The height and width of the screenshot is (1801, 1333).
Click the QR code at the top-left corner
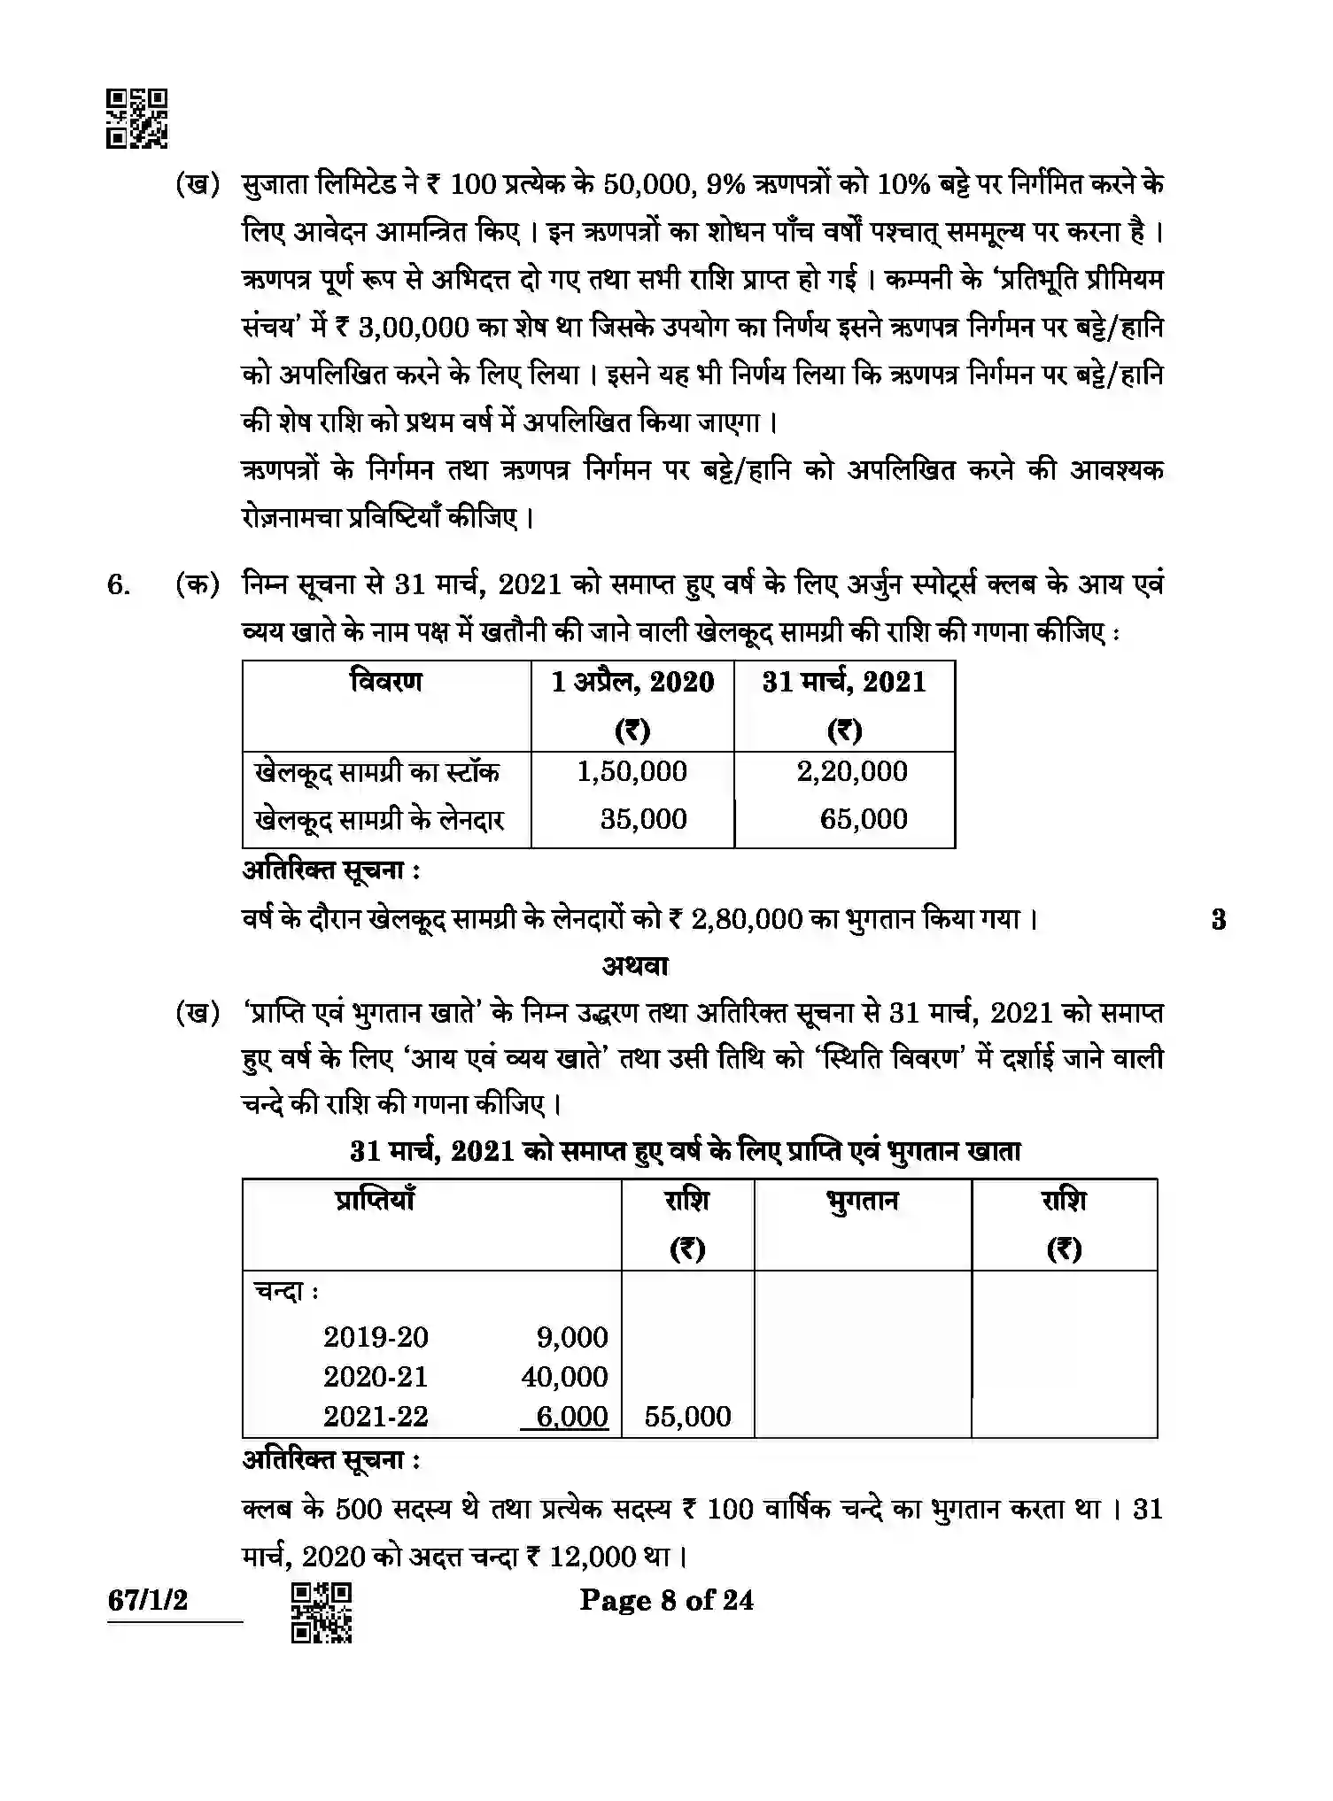coord(137,119)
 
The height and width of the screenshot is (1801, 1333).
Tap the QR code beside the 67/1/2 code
coord(322,1612)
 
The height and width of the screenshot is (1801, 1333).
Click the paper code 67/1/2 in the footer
coord(148,1600)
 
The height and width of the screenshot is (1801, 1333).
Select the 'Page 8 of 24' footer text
coord(666,1600)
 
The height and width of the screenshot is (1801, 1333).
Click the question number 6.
coord(119,586)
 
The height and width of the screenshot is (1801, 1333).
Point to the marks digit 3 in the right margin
coord(1219,920)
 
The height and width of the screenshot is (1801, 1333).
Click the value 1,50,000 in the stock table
coord(632,771)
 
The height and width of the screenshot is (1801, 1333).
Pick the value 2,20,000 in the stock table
coord(852,771)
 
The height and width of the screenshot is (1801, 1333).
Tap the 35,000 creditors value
coord(643,819)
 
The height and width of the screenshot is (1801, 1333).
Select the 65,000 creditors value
coord(863,819)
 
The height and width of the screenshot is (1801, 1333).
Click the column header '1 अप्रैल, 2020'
coord(632,682)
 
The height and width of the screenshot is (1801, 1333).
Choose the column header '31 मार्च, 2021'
coord(844,682)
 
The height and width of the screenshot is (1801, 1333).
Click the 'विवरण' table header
coord(386,682)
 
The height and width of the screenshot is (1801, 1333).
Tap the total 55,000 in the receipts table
coord(687,1417)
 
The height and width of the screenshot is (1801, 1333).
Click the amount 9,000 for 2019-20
coord(572,1337)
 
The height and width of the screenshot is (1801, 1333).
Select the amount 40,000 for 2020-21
coord(564,1377)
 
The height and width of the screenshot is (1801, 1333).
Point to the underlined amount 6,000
coord(571,1417)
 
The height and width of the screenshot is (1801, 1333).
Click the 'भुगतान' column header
coord(862,1202)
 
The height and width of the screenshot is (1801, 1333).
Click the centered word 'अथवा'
coord(635,966)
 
